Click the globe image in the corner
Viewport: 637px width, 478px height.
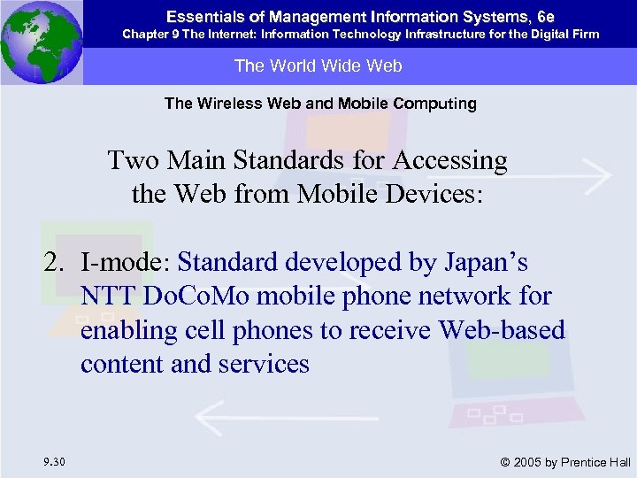41,42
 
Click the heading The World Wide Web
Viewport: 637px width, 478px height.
318,66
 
